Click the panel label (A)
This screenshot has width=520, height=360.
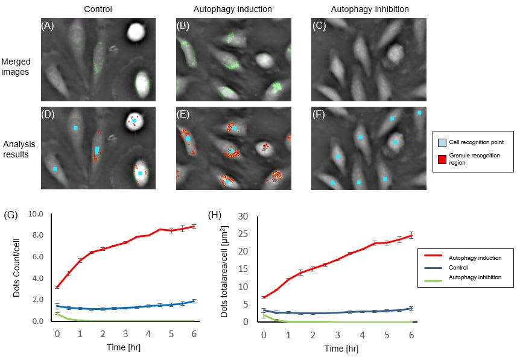[46, 26]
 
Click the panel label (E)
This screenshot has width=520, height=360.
[182, 115]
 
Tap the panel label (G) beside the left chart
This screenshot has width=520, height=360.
[10, 215]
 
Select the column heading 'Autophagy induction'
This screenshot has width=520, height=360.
[224, 10]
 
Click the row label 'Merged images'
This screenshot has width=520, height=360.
[17, 66]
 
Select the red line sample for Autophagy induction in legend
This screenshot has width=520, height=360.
[439, 257]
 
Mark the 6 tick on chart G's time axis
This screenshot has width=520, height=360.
[194, 333]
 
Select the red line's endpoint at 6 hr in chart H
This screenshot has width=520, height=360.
[411, 235]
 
